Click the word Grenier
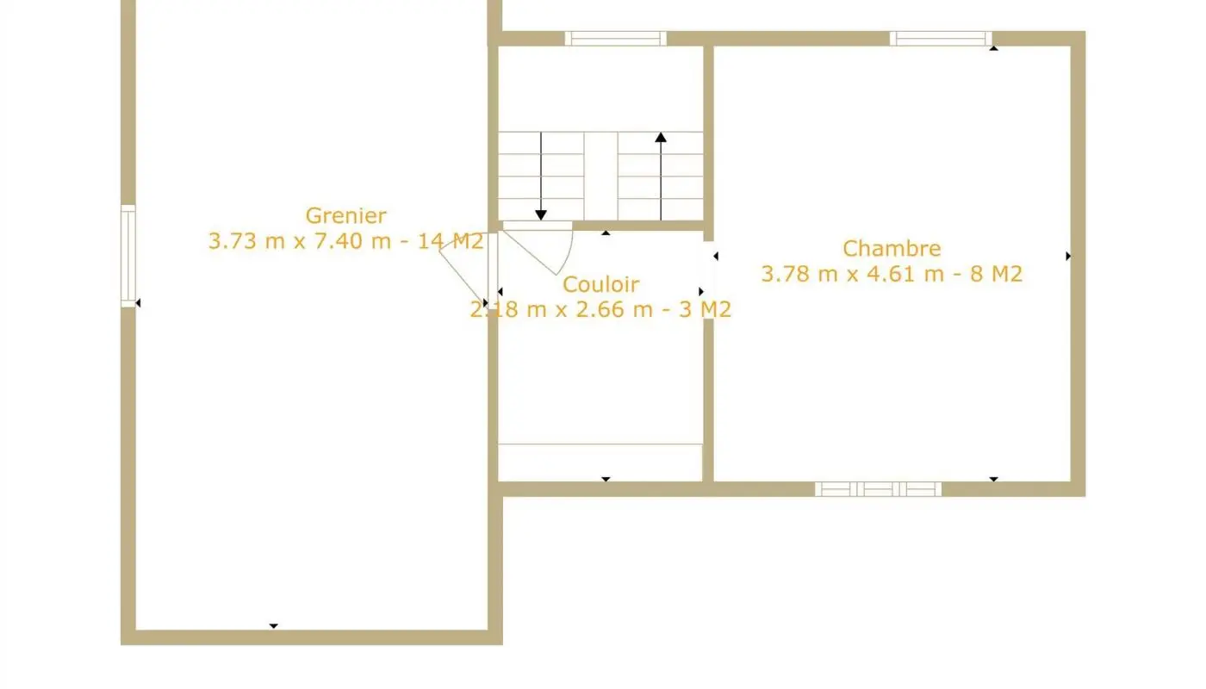pyautogui.click(x=345, y=215)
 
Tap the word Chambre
pyautogui.click(x=891, y=248)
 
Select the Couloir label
pyautogui.click(x=600, y=283)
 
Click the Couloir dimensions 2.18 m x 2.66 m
pyautogui.click(x=561, y=309)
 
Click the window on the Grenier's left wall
pyautogui.click(x=127, y=256)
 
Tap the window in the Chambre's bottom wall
pyautogui.click(x=878, y=489)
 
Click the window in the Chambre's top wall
pyautogui.click(x=940, y=38)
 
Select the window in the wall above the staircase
pyautogui.click(x=615, y=38)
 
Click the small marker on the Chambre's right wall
pyautogui.click(x=1068, y=256)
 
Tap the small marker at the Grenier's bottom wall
pyautogui.click(x=273, y=626)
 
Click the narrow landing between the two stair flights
pyautogui.click(x=600, y=176)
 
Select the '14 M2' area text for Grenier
pyautogui.click(x=450, y=241)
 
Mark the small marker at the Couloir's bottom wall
pyautogui.click(x=606, y=479)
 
